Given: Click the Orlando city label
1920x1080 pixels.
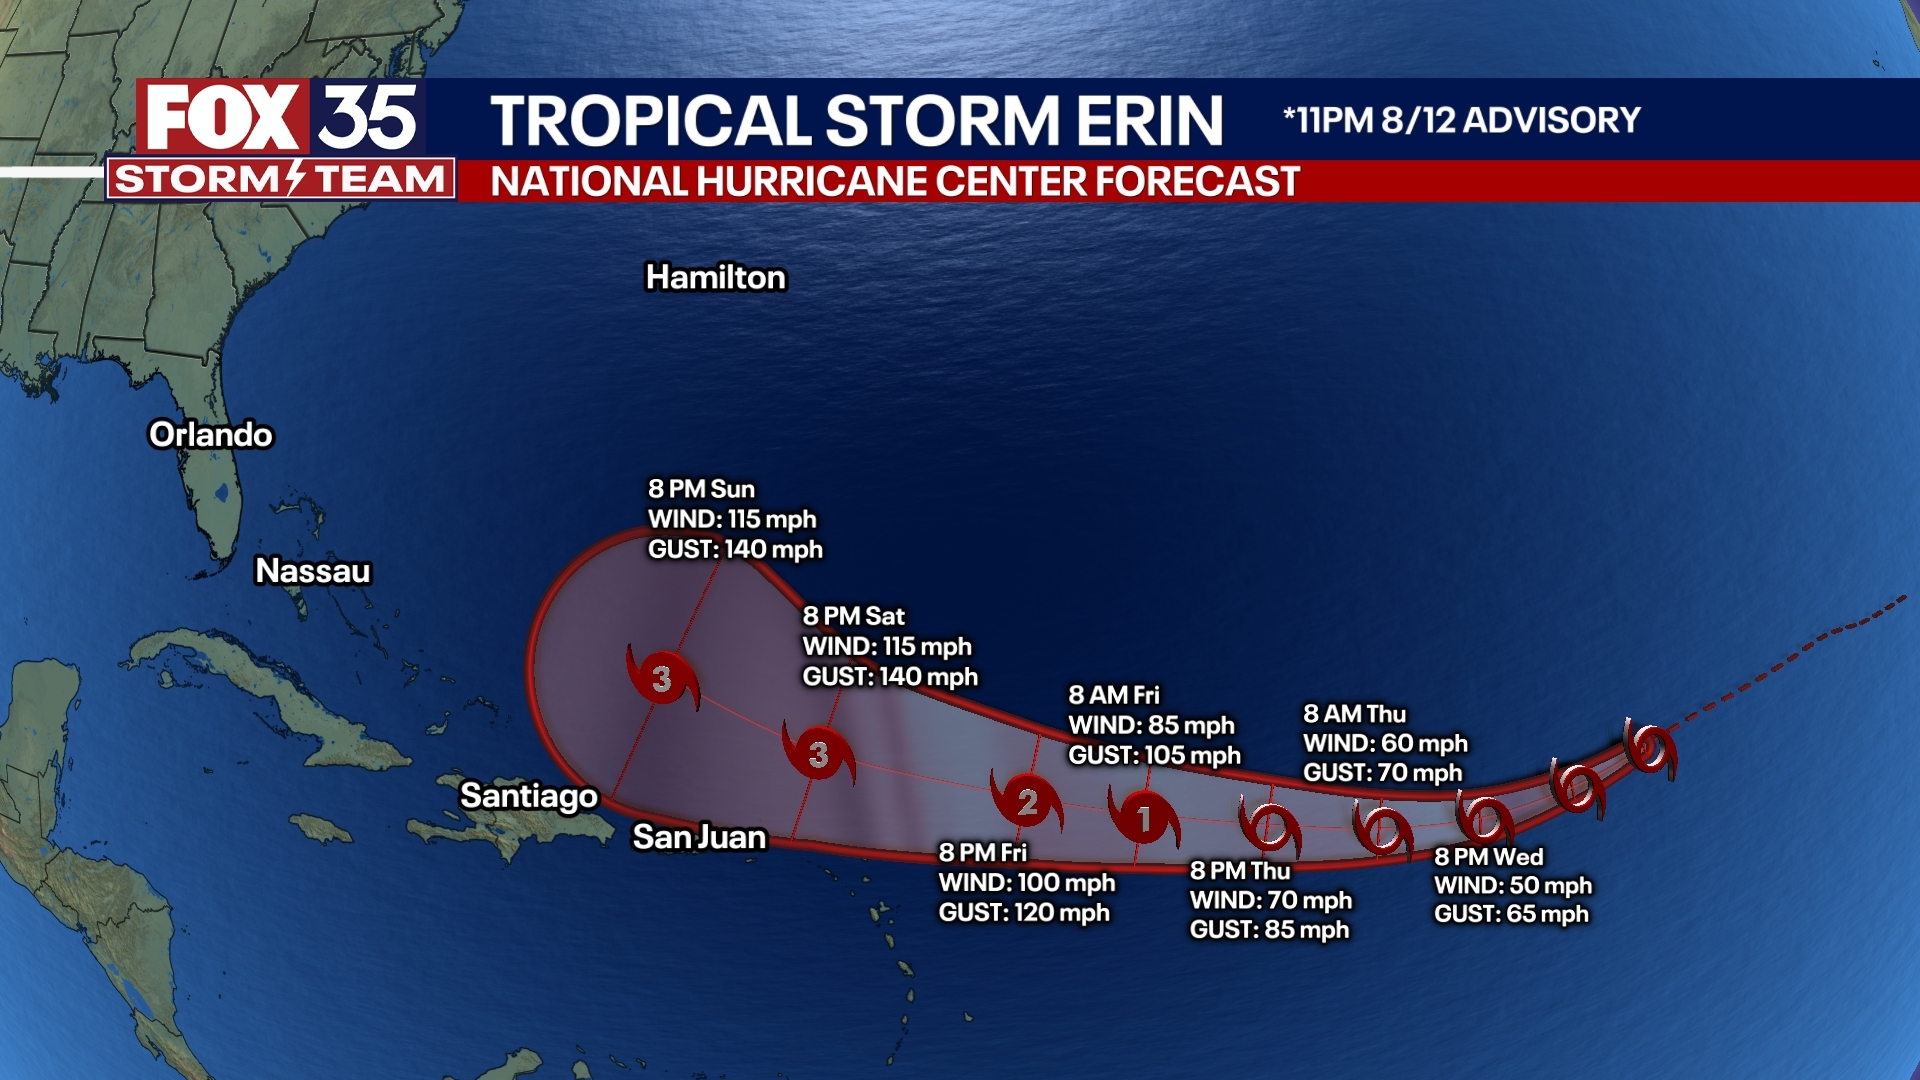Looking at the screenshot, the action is pos(211,435).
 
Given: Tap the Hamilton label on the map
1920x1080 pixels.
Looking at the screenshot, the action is pos(716,277).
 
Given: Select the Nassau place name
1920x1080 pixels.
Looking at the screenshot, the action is pos(313,571).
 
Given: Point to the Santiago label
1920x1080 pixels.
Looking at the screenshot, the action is pos(529,796).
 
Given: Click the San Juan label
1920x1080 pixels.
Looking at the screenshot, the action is pos(700,837).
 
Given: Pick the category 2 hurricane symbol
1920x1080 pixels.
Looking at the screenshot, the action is pos(1027,802).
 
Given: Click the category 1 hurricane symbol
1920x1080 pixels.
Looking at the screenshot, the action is pos(1144,819).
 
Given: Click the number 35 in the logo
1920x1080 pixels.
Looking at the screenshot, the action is pos(368,118).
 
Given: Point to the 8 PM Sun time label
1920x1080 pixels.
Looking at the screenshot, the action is pos(701,489).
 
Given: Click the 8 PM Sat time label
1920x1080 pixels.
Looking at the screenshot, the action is pos(853,616).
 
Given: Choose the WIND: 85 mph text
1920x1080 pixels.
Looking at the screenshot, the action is pos(1151,725).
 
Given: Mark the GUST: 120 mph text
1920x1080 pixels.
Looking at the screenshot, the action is pos(1024,913).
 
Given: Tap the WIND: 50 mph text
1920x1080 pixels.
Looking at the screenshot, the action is pos(1512,886).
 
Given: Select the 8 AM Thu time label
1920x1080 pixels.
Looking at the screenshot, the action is pos(1354,714).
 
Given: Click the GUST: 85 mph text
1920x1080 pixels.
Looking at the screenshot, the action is pos(1269,930).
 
